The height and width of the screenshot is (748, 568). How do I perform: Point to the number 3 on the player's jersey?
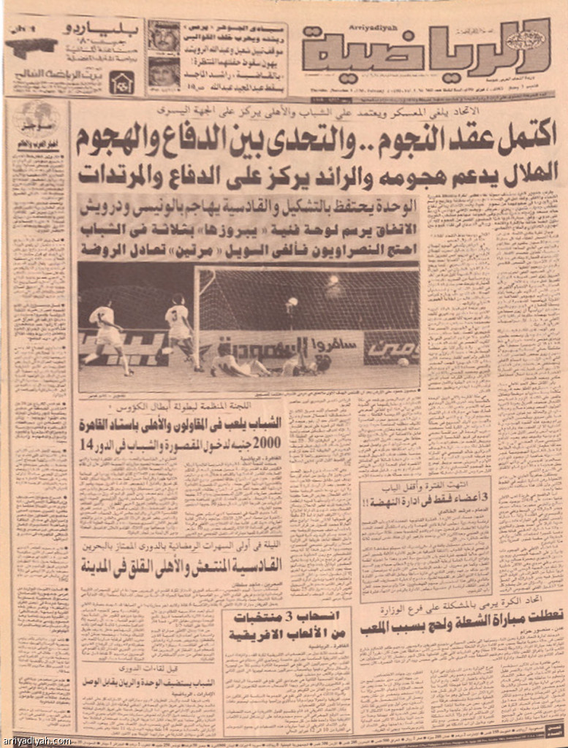[175, 315]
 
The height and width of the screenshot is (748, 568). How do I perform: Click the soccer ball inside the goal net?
[403, 362]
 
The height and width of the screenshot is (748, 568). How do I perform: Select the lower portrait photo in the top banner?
[163, 72]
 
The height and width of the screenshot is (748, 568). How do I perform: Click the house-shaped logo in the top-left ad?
[121, 82]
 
